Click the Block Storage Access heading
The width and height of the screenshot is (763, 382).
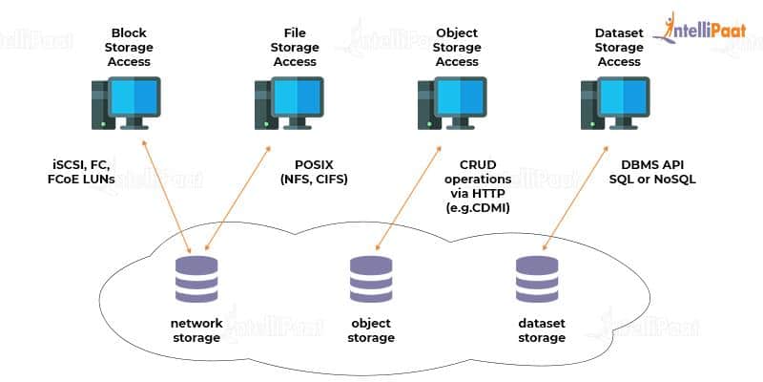[x=132, y=47]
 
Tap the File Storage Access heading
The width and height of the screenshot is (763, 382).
[x=295, y=47]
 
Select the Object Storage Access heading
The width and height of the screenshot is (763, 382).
[x=457, y=47]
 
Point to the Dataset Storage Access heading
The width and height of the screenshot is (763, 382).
[x=620, y=47]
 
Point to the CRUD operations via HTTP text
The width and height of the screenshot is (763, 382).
[x=479, y=186]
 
